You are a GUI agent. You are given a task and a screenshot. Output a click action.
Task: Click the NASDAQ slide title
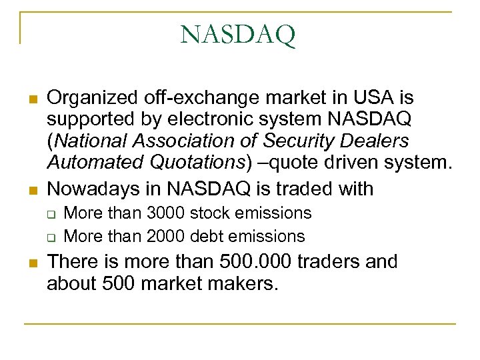237,35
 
